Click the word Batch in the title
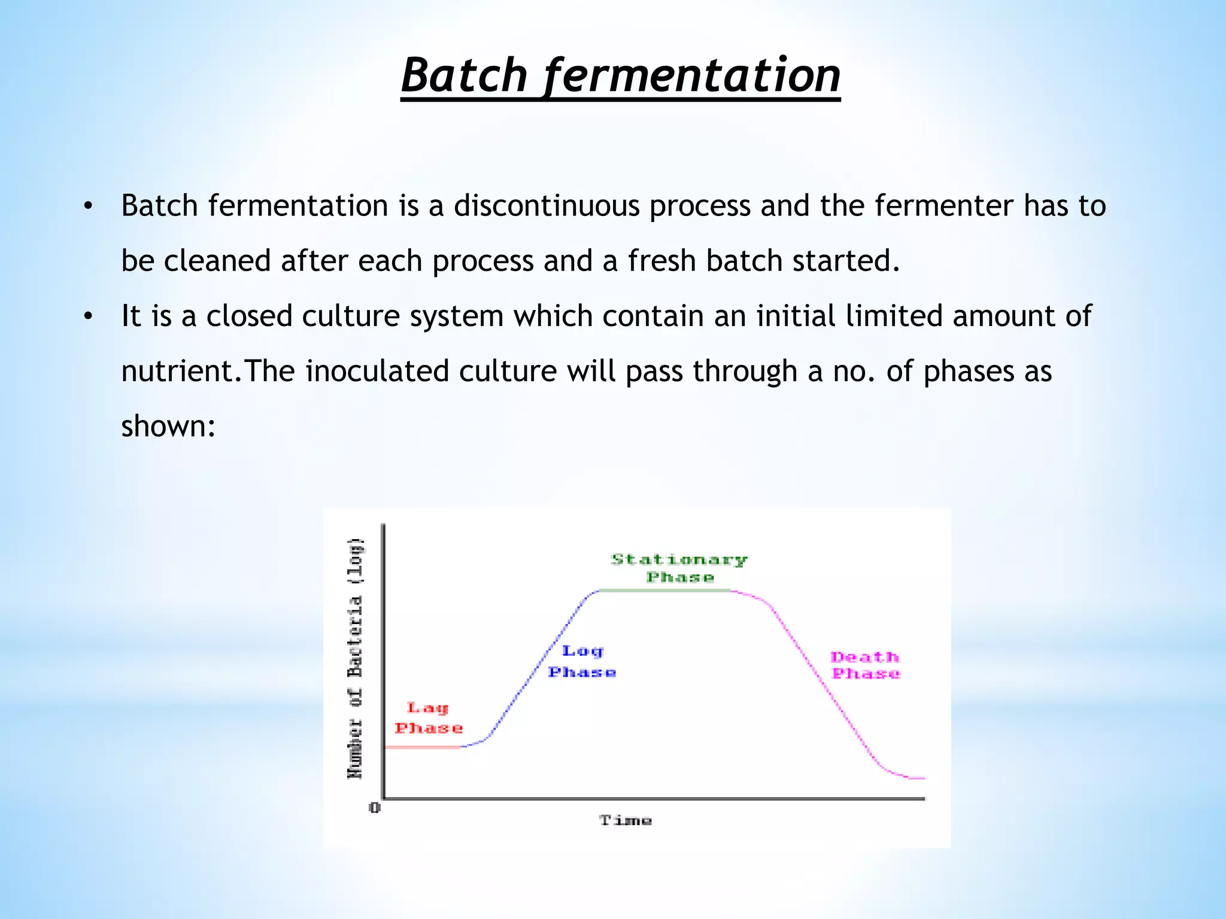click(x=464, y=75)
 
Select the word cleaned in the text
click(x=217, y=261)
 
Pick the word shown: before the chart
click(x=168, y=427)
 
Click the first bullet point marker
click(x=89, y=206)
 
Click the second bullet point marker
click(x=89, y=317)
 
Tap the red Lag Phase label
click(x=429, y=718)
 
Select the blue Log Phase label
click(x=582, y=661)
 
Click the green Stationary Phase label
click(x=679, y=568)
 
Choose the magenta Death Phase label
click(x=866, y=665)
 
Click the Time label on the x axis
click(x=626, y=820)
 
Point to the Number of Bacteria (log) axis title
click(x=356, y=658)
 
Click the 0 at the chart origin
click(x=375, y=808)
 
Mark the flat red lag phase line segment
click(x=422, y=747)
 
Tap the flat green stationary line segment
click(x=664, y=591)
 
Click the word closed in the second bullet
click(x=249, y=317)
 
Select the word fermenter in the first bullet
click(x=943, y=206)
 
